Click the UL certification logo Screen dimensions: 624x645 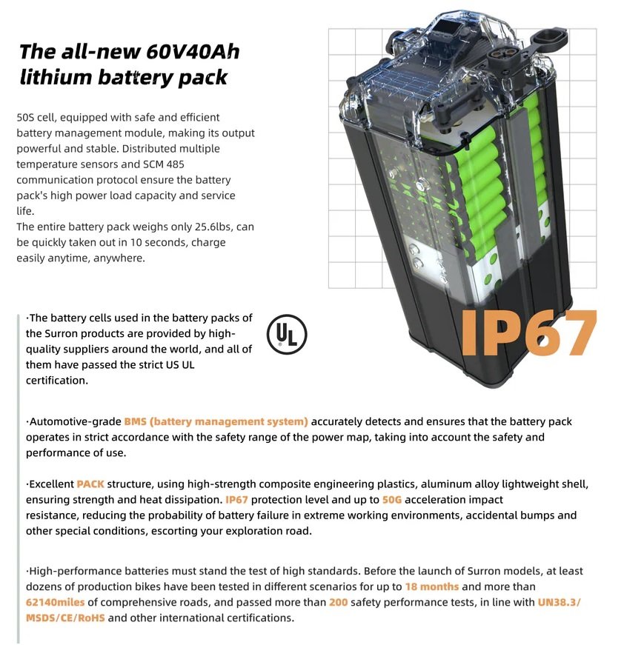[287, 334]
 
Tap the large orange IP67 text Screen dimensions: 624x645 [528, 332]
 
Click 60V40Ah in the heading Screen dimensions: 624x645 [193, 51]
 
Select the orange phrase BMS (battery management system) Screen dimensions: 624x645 [216, 421]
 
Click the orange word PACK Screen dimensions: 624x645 [90, 484]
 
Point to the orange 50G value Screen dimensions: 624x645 [392, 500]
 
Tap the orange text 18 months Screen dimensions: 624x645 [432, 586]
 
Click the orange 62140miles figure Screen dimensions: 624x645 [55, 602]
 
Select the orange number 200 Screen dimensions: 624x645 [339, 602]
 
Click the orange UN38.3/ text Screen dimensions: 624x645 [559, 602]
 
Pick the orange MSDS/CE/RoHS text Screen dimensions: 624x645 [65, 618]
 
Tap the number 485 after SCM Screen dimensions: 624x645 [176, 164]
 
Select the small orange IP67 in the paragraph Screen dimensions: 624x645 [236, 500]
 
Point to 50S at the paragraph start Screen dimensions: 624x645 [25, 117]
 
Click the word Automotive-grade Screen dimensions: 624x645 [76, 421]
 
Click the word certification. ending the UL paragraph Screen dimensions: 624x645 [57, 381]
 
